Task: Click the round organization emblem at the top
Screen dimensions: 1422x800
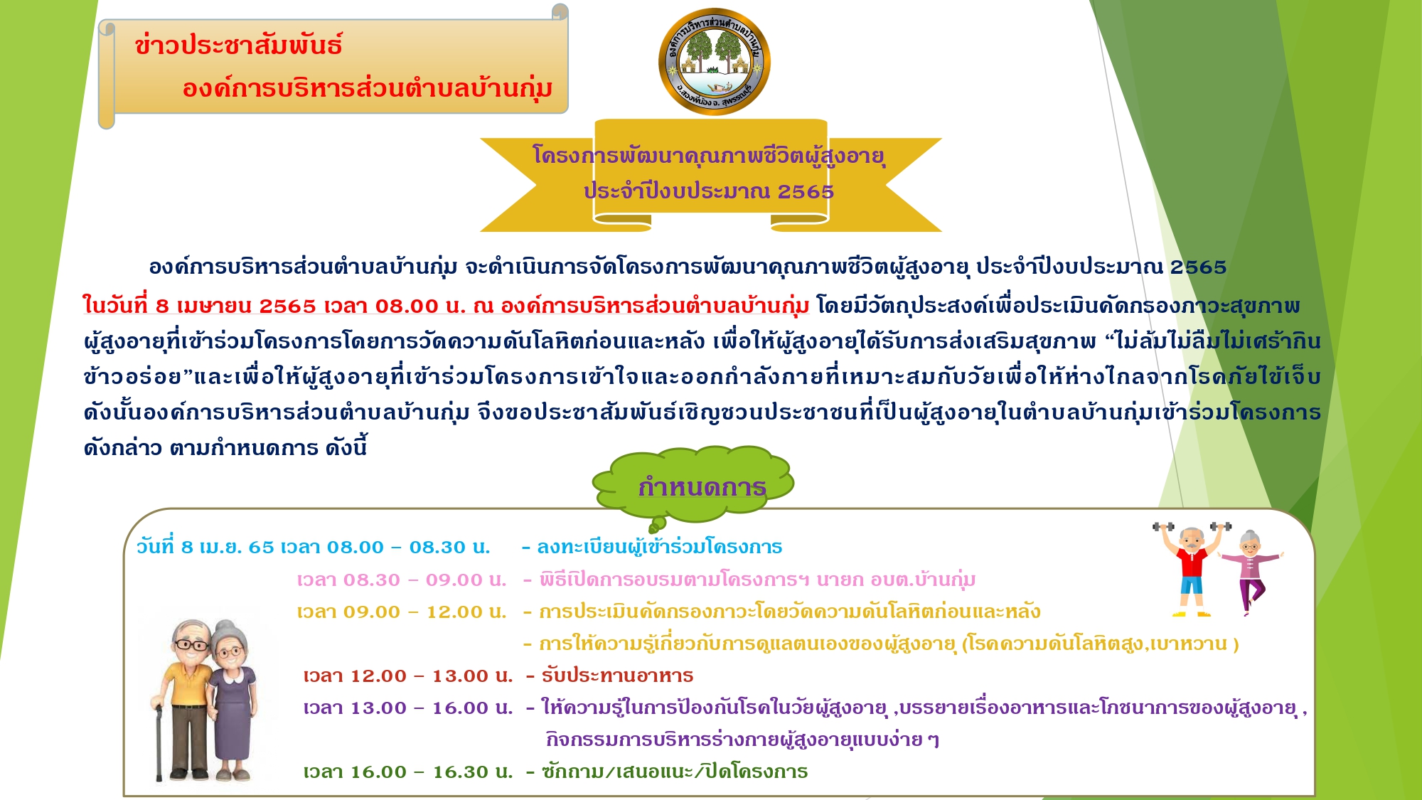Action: pos(714,62)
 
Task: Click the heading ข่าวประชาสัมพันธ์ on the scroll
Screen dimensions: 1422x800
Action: pos(239,46)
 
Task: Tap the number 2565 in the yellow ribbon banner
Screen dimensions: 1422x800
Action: pos(806,191)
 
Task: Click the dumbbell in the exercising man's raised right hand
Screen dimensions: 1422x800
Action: pos(1163,527)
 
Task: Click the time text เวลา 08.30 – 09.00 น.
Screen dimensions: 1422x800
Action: pos(402,580)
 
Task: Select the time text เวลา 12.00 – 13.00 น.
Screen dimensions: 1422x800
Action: pos(408,676)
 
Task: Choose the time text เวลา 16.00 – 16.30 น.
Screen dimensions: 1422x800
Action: pos(408,772)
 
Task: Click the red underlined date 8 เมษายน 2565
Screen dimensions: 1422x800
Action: pos(235,306)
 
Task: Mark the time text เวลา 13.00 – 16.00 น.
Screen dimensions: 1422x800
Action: pos(408,708)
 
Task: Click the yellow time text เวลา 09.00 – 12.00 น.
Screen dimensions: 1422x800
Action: pos(402,612)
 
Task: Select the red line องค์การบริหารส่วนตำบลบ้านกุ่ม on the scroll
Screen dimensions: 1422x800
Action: pos(368,89)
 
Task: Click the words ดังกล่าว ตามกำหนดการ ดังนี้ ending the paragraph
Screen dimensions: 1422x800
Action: pos(225,448)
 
